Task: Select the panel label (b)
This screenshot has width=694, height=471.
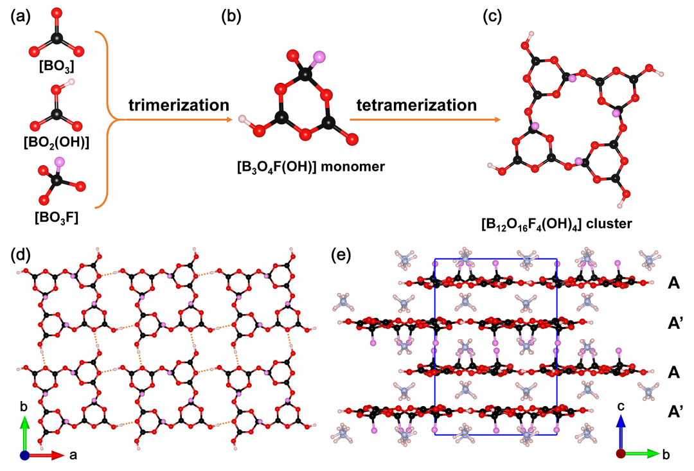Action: pos(232,17)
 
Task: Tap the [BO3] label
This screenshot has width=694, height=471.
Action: pos(58,66)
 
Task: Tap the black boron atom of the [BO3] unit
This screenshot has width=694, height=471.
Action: pos(57,39)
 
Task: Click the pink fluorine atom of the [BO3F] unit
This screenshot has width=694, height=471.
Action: pos(60,161)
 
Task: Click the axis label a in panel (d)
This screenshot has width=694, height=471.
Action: pos(74,455)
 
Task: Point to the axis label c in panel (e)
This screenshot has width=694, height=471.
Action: pos(621,407)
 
